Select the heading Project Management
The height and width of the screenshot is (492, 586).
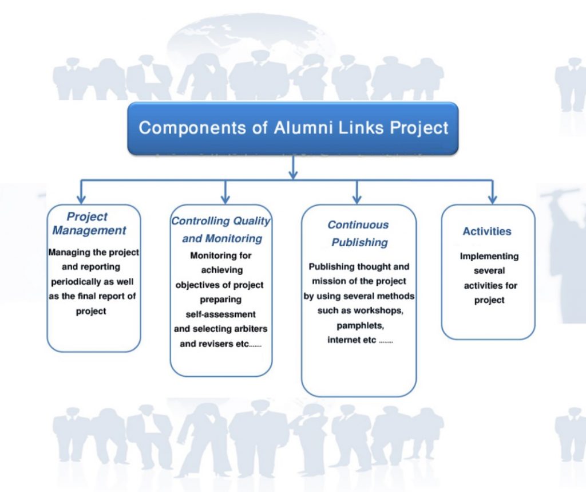click(89, 223)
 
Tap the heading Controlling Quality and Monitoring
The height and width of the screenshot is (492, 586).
click(221, 230)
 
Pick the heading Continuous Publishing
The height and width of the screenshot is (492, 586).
click(358, 234)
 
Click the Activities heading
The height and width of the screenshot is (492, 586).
click(487, 231)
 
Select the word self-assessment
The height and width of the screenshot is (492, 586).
click(221, 314)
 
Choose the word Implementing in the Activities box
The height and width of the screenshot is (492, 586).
click(489, 256)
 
